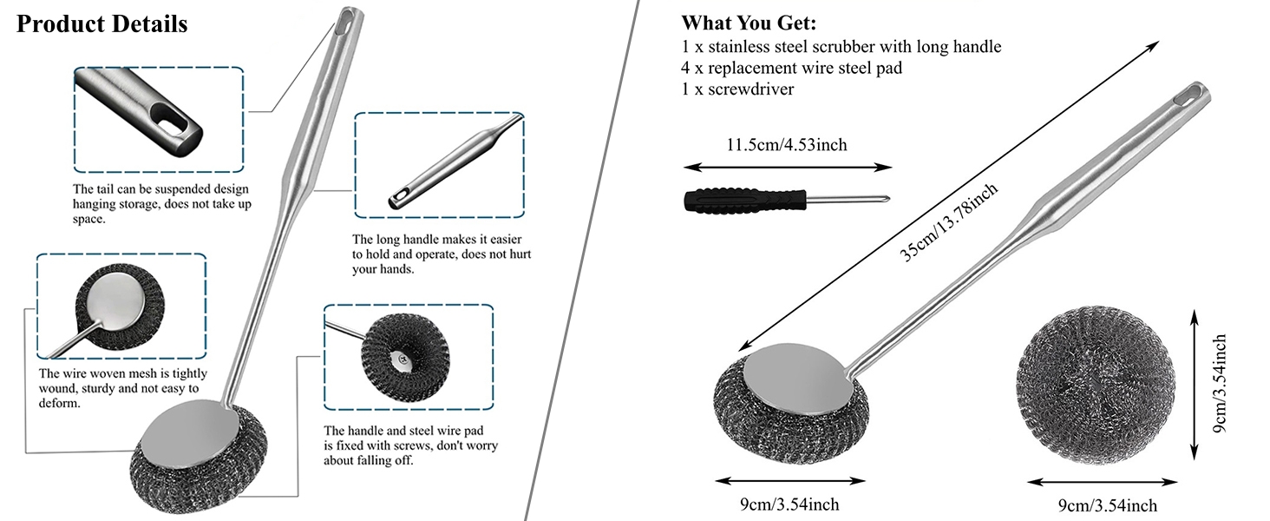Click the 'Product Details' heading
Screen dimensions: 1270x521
[102, 24]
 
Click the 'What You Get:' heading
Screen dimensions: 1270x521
[749, 23]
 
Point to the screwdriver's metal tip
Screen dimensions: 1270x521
[887, 198]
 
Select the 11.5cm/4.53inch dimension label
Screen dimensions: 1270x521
[787, 145]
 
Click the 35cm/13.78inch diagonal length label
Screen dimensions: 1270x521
[948, 222]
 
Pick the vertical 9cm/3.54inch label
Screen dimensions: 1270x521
[1220, 384]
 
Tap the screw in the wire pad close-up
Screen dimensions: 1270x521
[403, 358]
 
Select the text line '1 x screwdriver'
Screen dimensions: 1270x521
[737, 89]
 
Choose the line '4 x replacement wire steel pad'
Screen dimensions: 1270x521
[791, 68]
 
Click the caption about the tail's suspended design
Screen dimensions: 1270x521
[161, 204]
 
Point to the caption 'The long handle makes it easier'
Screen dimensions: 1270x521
[436, 240]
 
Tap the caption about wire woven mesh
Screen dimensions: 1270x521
[123, 388]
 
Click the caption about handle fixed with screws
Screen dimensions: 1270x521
[410, 445]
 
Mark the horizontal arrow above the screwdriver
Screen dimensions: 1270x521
[788, 168]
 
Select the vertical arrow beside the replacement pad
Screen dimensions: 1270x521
[1194, 384]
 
